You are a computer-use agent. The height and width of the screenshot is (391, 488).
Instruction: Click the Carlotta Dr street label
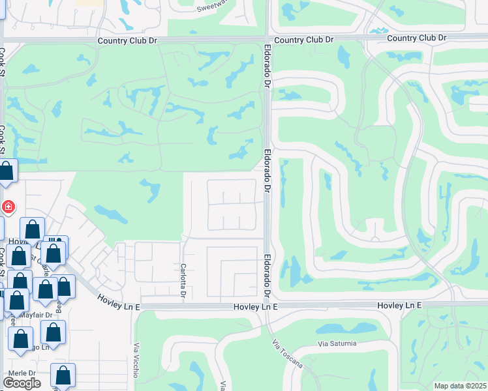[183, 281]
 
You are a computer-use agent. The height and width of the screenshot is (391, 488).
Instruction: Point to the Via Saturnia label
[337, 343]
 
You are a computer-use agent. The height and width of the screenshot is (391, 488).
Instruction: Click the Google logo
[22, 383]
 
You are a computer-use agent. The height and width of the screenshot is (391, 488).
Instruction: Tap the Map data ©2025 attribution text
[460, 386]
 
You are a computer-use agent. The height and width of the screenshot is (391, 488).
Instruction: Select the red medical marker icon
[8, 207]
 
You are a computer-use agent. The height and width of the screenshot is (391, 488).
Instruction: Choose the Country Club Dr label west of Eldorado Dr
[128, 40]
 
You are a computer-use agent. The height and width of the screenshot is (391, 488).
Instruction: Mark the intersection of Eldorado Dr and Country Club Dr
[267, 40]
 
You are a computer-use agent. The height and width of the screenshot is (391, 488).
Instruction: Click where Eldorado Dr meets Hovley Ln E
[268, 304]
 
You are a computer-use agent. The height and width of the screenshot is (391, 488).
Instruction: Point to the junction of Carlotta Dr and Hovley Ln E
[183, 305]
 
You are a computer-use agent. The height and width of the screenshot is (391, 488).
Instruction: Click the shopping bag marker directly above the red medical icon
[7, 172]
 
